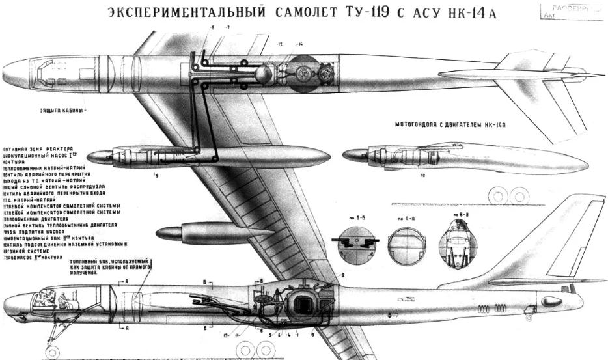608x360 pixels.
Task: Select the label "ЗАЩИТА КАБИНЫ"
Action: pyautogui.click(x=58, y=109)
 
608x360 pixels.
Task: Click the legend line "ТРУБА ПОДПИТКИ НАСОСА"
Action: pyautogui.click(x=39, y=232)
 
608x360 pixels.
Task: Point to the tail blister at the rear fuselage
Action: pyautogui.click(x=551, y=301)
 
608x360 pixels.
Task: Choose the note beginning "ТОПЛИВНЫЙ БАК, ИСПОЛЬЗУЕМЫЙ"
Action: pyautogui.click(x=115, y=267)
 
